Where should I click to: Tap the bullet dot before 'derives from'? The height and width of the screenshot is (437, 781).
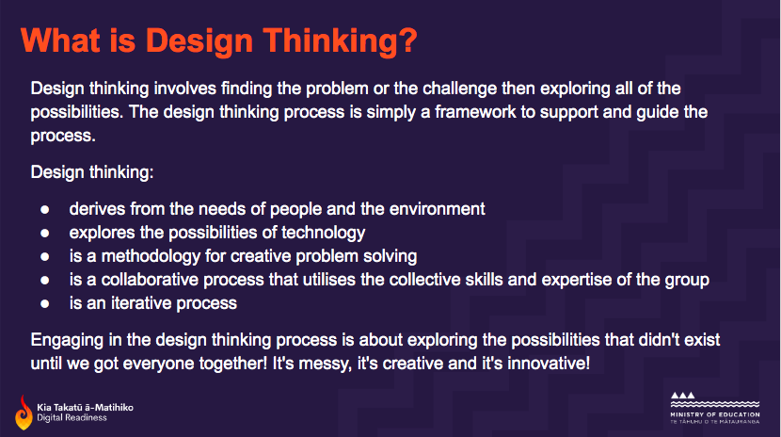[44, 209]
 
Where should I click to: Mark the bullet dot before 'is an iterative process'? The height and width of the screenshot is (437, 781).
[44, 304]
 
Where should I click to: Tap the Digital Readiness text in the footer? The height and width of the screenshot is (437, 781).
[72, 417]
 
